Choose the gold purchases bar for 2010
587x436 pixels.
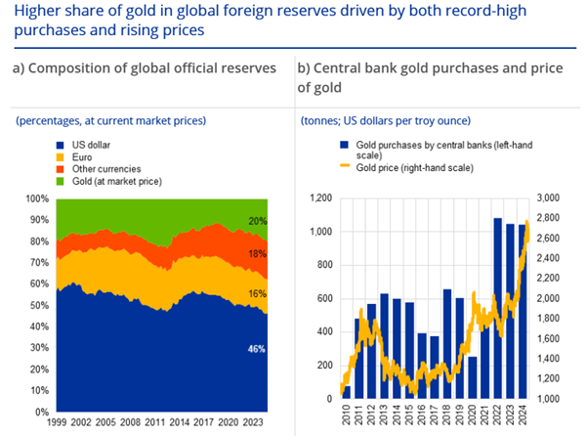(x=347, y=392)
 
